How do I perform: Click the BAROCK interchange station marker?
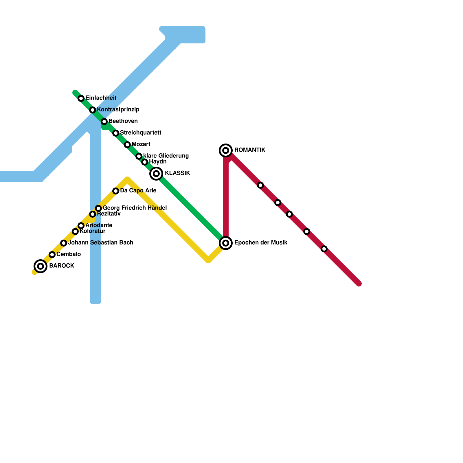click(41, 266)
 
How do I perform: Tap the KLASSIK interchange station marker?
click(156, 173)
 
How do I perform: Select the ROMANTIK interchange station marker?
click(226, 150)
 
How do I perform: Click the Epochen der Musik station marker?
click(226, 243)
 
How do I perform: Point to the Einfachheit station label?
click(101, 98)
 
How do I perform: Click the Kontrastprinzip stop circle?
click(93, 110)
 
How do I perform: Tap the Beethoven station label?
click(123, 121)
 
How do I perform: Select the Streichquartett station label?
click(141, 133)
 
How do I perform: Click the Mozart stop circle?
click(127, 145)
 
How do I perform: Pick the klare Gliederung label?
click(166, 156)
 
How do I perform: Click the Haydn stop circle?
click(145, 162)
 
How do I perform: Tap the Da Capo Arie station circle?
click(116, 191)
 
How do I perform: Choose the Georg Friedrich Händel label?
click(135, 208)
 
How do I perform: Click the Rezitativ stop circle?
click(93, 214)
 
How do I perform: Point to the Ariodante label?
click(99, 225)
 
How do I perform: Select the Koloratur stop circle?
click(75, 231)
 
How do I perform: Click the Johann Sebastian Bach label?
click(100, 243)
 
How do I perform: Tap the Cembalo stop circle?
click(52, 255)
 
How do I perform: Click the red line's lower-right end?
click(359, 284)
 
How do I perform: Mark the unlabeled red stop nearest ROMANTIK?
click(260, 185)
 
